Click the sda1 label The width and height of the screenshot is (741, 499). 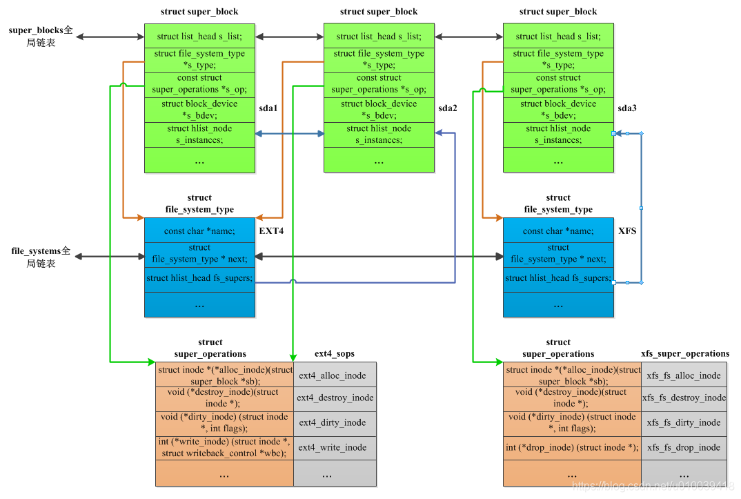(x=268, y=108)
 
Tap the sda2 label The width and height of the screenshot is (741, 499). (x=448, y=108)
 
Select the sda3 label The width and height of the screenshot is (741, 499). (x=627, y=108)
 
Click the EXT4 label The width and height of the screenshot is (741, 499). (x=271, y=231)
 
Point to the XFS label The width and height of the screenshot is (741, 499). (x=627, y=231)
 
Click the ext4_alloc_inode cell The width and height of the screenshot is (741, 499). (x=335, y=375)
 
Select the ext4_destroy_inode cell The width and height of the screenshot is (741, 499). (x=335, y=398)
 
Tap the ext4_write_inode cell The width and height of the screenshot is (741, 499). (x=335, y=447)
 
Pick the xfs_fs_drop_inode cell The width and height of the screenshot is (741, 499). (x=683, y=447)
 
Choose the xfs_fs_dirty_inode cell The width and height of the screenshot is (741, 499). (x=683, y=422)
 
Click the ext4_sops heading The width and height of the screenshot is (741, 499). (x=335, y=353)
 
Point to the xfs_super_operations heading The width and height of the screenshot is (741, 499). (x=684, y=353)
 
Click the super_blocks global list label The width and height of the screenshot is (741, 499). (x=41, y=37)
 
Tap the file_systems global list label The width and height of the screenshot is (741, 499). (x=41, y=256)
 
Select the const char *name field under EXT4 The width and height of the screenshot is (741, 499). (x=199, y=231)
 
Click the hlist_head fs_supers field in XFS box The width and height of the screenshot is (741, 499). (x=558, y=278)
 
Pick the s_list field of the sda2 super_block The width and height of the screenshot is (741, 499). (x=379, y=37)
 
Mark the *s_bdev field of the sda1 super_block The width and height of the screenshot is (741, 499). (x=199, y=109)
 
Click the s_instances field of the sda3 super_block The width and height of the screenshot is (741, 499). (x=558, y=134)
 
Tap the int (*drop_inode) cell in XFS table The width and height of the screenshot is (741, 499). (x=572, y=447)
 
